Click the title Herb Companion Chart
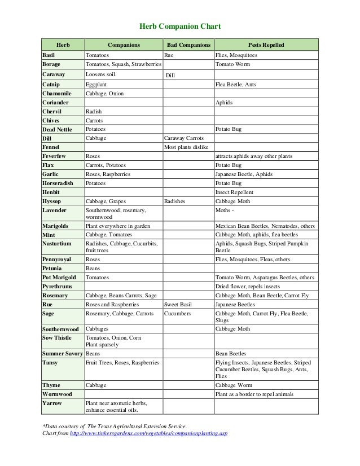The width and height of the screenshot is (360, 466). click(179, 27)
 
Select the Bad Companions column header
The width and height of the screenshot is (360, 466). click(188, 45)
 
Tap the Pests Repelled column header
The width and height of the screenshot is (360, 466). click(266, 45)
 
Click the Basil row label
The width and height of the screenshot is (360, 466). click(50, 56)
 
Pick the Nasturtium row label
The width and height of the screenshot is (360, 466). click(57, 243)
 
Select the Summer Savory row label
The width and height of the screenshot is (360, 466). click(62, 353)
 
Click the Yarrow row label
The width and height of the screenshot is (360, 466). click(52, 403)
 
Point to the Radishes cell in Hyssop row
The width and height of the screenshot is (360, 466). click(175, 201)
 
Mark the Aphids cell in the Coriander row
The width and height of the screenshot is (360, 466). click(224, 103)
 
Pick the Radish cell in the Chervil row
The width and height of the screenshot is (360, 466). click(94, 112)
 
